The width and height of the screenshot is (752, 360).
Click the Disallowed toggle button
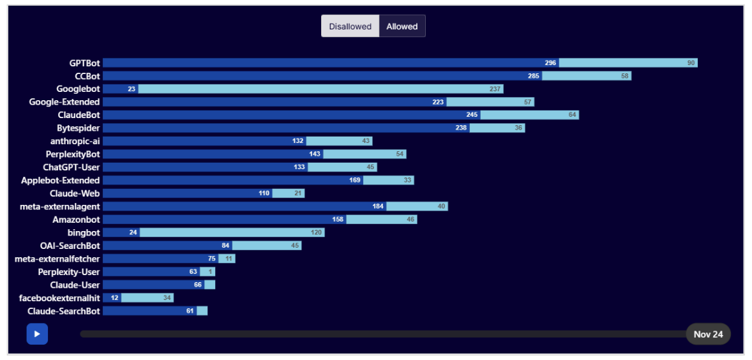pyautogui.click(x=350, y=27)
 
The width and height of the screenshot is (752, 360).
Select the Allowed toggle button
pyautogui.click(x=402, y=27)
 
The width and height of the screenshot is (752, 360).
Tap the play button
pyautogui.click(x=37, y=334)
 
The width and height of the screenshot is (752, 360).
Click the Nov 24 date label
pyautogui.click(x=708, y=334)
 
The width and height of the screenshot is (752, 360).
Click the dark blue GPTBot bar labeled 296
pyautogui.click(x=331, y=63)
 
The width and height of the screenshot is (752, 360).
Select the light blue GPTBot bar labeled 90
pyautogui.click(x=628, y=63)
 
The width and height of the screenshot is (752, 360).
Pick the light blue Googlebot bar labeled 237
pyautogui.click(x=320, y=89)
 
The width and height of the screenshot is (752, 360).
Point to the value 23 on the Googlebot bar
pyautogui.click(x=132, y=89)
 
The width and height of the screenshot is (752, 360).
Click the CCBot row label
pyautogui.click(x=87, y=76)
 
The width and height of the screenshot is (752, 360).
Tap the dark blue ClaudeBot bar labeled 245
pyautogui.click(x=291, y=115)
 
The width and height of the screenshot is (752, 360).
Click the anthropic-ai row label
pyautogui.click(x=75, y=141)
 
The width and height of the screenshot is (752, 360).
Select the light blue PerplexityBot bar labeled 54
pyautogui.click(x=365, y=154)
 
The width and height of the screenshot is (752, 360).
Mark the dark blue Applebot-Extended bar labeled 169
pyautogui.click(x=233, y=181)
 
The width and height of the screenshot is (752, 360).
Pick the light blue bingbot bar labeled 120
pyautogui.click(x=232, y=232)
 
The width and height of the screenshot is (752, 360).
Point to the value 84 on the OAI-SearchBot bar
pyautogui.click(x=225, y=246)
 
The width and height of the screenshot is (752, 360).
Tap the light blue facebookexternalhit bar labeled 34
pyautogui.click(x=147, y=297)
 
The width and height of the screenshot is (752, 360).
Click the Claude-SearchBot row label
pyautogui.click(x=64, y=311)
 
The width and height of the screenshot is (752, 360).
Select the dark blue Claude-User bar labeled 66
pyautogui.click(x=153, y=285)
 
